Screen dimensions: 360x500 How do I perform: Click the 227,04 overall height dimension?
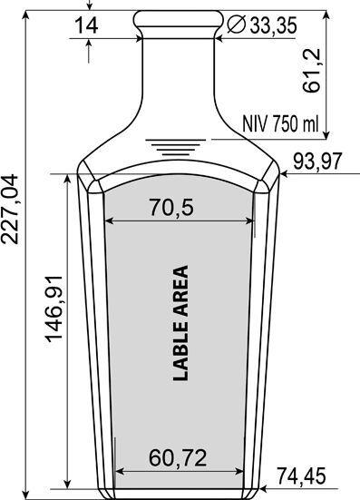point(10,210)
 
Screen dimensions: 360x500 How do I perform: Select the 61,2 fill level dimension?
point(311,71)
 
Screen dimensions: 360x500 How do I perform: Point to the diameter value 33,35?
point(273,25)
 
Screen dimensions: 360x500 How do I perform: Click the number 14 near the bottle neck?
point(86,25)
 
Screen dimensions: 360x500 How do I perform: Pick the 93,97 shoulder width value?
point(317,162)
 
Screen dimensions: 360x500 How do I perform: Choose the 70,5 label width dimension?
point(171,207)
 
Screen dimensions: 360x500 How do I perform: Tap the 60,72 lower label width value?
point(178,458)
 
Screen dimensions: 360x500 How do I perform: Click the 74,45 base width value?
point(301,475)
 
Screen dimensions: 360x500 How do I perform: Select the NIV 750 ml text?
point(280,123)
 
